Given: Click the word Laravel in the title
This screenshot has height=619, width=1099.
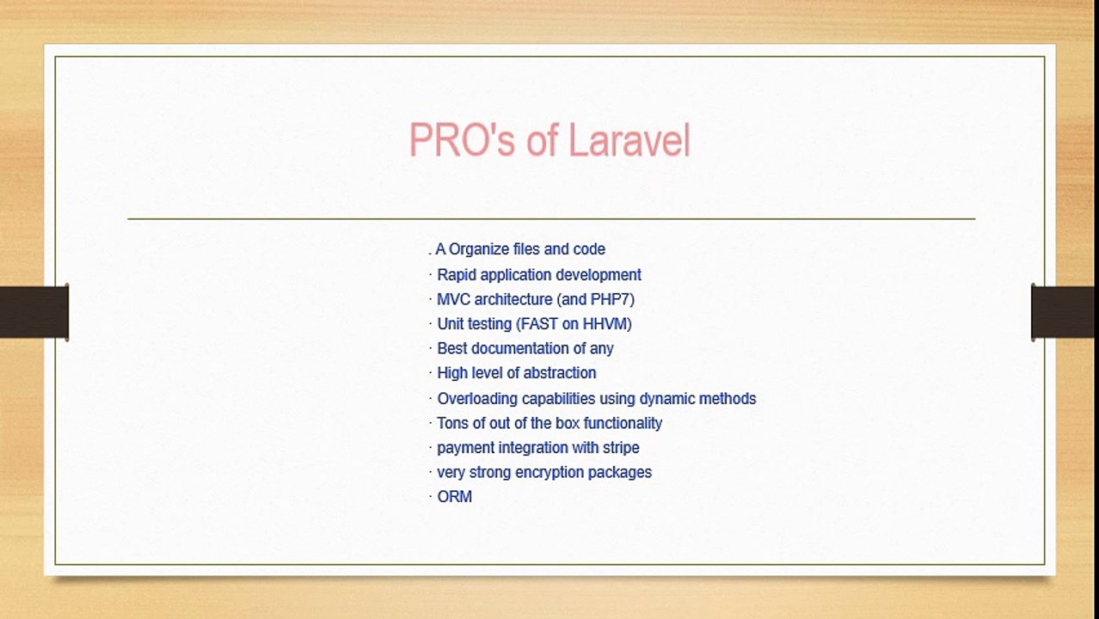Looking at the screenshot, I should point(629,141).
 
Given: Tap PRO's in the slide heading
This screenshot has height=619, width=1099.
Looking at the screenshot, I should point(460,141).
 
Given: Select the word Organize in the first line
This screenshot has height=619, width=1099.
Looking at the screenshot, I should point(478,249).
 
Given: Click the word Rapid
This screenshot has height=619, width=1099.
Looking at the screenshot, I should point(456,275).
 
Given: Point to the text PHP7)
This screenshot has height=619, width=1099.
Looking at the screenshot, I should point(612,299).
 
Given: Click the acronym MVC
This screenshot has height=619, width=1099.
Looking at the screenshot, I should point(453,299).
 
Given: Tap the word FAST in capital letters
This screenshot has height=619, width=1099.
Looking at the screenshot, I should point(538,324).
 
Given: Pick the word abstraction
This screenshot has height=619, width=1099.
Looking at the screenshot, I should point(560,373).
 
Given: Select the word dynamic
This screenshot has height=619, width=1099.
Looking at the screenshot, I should point(666,399).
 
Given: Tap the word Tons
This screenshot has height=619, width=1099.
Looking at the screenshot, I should point(452,423).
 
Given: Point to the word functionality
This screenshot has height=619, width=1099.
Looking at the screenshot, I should point(620,423).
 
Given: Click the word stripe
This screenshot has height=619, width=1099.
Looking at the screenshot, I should point(618,448).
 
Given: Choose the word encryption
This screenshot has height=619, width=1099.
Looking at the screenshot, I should point(551,473).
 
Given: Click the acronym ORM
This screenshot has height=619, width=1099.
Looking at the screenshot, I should point(454,497).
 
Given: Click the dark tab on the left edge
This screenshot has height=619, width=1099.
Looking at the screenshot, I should point(34,312).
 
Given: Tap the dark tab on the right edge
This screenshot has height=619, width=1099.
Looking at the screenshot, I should point(1065,312).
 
